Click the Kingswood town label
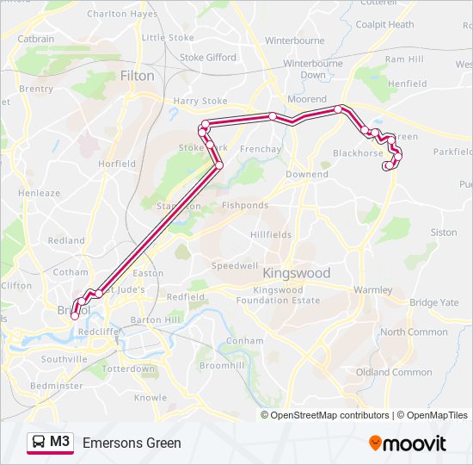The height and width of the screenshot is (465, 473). (296, 273)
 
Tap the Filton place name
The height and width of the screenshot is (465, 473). (138, 76)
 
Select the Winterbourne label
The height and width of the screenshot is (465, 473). (295, 40)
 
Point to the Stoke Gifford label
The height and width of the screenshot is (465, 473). (207, 58)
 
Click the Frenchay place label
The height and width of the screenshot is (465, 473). (261, 150)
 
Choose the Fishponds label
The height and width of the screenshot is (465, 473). (244, 206)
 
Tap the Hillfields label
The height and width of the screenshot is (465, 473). (271, 234)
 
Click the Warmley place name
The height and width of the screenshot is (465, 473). (372, 290)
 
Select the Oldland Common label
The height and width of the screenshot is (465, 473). (394, 372)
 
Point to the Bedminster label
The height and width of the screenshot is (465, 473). (56, 386)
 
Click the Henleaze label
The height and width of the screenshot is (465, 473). (40, 193)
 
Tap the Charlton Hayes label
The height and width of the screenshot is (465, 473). (122, 14)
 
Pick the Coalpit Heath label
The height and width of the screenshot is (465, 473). (384, 25)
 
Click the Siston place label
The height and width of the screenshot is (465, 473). (444, 232)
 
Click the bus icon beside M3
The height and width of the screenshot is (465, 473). (39, 443)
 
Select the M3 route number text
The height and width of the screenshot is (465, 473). (60, 443)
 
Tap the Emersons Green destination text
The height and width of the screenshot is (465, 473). (132, 443)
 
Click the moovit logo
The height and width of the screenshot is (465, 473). (408, 443)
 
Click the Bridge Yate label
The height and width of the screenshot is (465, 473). (434, 303)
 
